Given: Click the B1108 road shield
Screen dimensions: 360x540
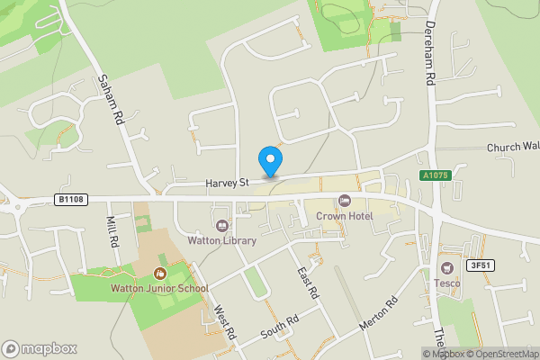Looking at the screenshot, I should tap(71, 199).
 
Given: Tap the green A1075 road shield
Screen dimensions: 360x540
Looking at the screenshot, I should tap(434, 176).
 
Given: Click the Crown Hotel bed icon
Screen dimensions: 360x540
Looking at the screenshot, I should tap(343, 200).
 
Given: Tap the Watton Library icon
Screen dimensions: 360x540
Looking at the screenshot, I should tap(222, 224).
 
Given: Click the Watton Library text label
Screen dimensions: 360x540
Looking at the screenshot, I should tap(222, 240).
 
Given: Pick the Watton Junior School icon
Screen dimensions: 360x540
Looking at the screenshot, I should tap(160, 273).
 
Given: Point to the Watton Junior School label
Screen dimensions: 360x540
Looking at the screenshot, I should tap(159, 289).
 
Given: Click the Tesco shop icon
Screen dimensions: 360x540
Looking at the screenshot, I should tap(447, 267).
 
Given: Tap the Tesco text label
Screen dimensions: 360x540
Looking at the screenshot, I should tap(447, 283).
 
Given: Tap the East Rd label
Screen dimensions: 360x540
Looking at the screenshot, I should tap(308, 283).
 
